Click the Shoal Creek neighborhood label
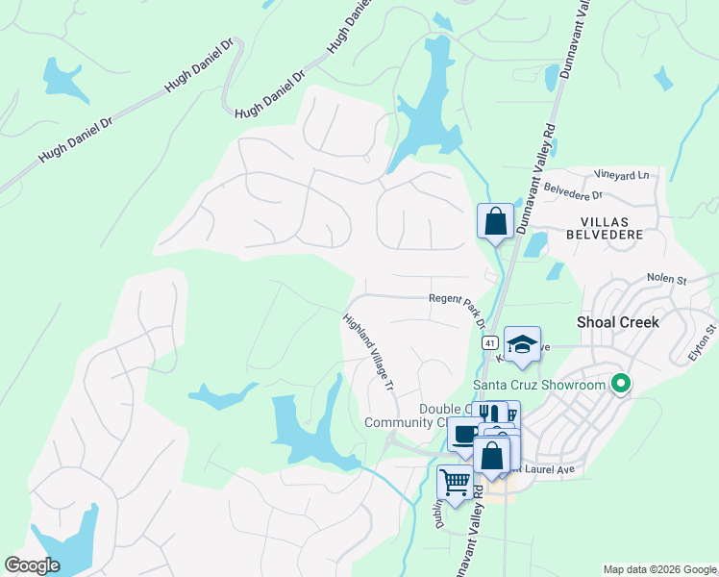(617, 322)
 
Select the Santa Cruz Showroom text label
(539, 386)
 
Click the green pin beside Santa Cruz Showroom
(621, 386)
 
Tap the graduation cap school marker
(522, 344)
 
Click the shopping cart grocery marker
(455, 482)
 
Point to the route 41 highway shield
(489, 342)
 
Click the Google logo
(32, 564)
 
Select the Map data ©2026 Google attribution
(658, 569)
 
